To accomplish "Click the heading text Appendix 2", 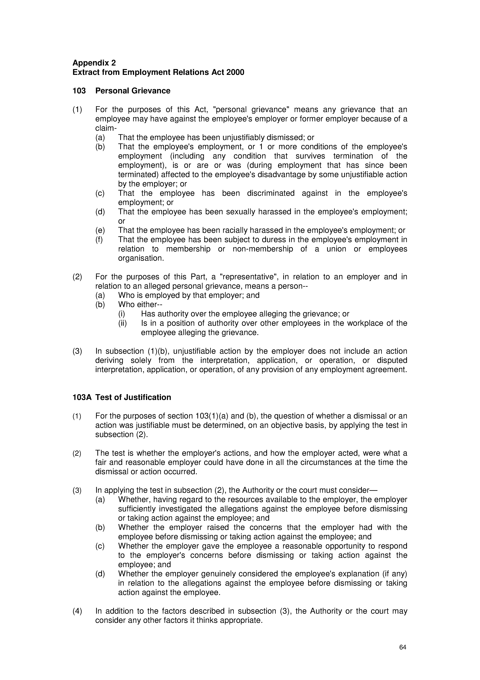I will click(94, 63).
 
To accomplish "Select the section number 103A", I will click(82, 397).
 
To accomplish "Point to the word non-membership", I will click(263, 249).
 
